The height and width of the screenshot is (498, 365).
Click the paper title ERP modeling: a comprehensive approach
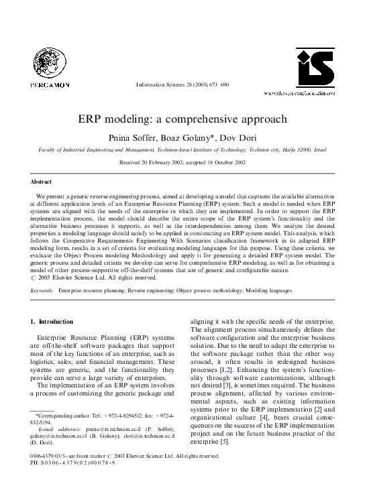pyautogui.click(x=182, y=119)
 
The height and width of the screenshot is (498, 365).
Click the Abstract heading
pyautogui.click(x=42, y=182)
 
